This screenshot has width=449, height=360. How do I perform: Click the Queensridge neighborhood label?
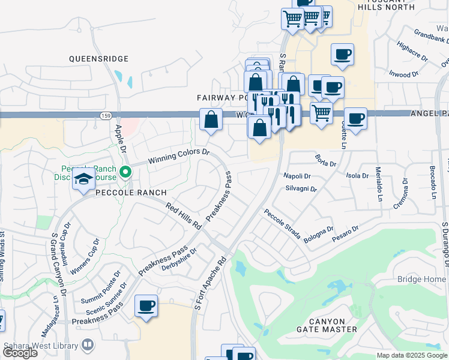point(99,59)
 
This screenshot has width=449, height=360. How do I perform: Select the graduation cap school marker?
point(83,179)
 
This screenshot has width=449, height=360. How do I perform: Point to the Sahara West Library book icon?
point(88,345)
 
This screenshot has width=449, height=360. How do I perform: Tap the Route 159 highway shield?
point(106,115)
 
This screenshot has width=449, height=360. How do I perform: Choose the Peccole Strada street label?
point(282,224)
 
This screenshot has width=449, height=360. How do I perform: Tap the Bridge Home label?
point(421,280)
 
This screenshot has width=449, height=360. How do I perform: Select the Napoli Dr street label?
point(297,176)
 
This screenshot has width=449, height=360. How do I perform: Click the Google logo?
point(20,353)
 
